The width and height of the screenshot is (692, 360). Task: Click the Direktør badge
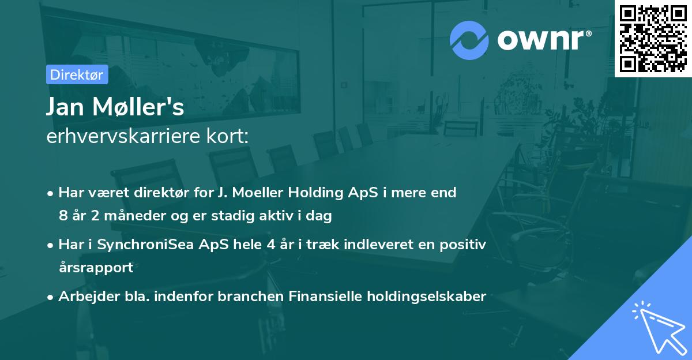(77, 74)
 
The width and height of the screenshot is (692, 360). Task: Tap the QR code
(653, 39)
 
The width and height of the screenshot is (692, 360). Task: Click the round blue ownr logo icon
(469, 39)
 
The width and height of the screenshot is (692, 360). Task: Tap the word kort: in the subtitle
(230, 137)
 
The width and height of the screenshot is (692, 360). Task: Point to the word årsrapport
(96, 267)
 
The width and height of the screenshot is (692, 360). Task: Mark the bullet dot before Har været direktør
(51, 193)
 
